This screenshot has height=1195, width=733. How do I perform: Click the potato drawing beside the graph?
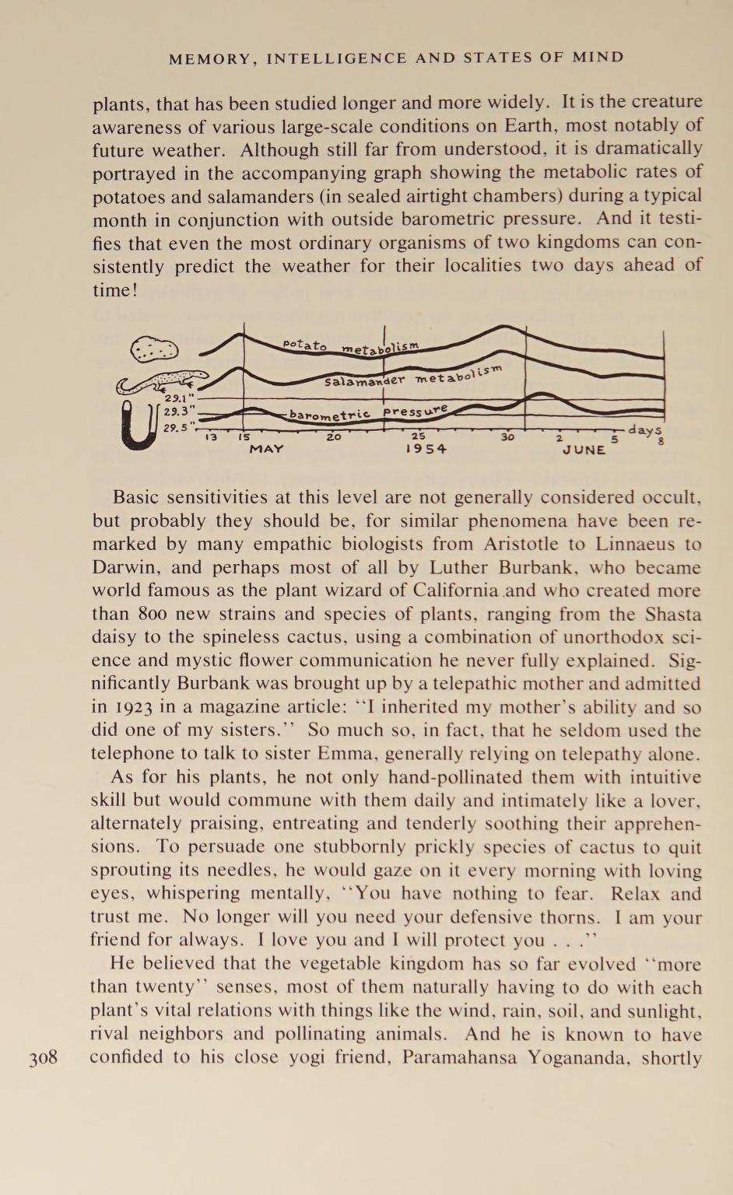click(154, 349)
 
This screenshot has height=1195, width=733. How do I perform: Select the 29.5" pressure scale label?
click(176, 428)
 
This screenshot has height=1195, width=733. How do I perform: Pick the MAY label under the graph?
click(266, 449)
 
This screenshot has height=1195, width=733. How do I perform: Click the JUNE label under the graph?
click(584, 450)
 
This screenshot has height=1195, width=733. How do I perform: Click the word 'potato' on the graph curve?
click(305, 344)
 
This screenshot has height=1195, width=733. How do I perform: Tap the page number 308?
click(44, 1058)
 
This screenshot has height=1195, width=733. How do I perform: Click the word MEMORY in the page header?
click(210, 58)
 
